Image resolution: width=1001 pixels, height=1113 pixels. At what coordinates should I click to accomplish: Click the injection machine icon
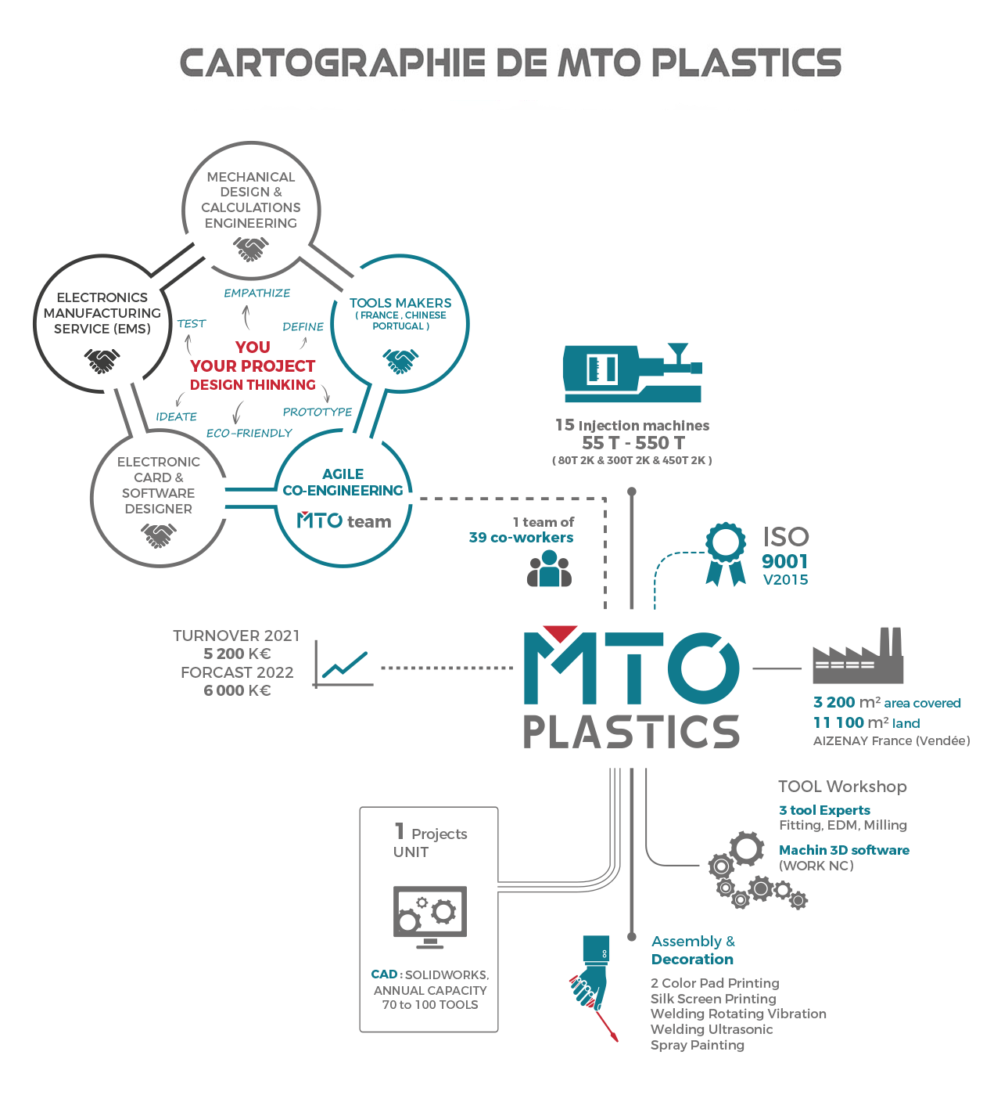632,373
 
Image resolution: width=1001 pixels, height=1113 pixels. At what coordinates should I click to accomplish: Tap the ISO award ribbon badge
726,553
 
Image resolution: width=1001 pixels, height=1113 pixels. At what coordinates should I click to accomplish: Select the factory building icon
858,655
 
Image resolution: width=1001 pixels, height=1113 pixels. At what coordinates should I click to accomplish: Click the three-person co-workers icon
549,568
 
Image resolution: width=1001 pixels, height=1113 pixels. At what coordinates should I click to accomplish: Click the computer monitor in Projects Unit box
430,917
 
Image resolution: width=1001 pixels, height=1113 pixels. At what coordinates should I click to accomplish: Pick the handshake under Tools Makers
400,361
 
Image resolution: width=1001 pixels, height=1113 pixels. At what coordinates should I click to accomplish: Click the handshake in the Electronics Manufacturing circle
102,361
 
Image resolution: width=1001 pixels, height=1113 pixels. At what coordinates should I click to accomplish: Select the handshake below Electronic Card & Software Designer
159,536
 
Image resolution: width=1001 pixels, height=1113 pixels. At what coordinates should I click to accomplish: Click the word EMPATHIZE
257,293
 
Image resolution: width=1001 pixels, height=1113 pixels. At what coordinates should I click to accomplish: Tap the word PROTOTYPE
318,412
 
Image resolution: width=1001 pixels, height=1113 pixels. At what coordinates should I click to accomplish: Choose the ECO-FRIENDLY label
249,433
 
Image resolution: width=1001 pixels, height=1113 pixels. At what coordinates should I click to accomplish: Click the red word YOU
253,348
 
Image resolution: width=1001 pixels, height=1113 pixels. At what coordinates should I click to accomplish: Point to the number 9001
784,561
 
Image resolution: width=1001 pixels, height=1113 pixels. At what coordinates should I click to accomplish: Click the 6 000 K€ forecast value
238,690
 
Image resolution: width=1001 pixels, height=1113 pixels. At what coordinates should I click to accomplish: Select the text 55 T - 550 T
633,443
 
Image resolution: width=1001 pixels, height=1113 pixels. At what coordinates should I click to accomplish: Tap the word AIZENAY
838,740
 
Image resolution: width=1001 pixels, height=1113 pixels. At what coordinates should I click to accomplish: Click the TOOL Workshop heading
842,786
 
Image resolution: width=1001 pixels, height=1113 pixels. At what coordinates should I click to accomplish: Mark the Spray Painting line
697,1046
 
